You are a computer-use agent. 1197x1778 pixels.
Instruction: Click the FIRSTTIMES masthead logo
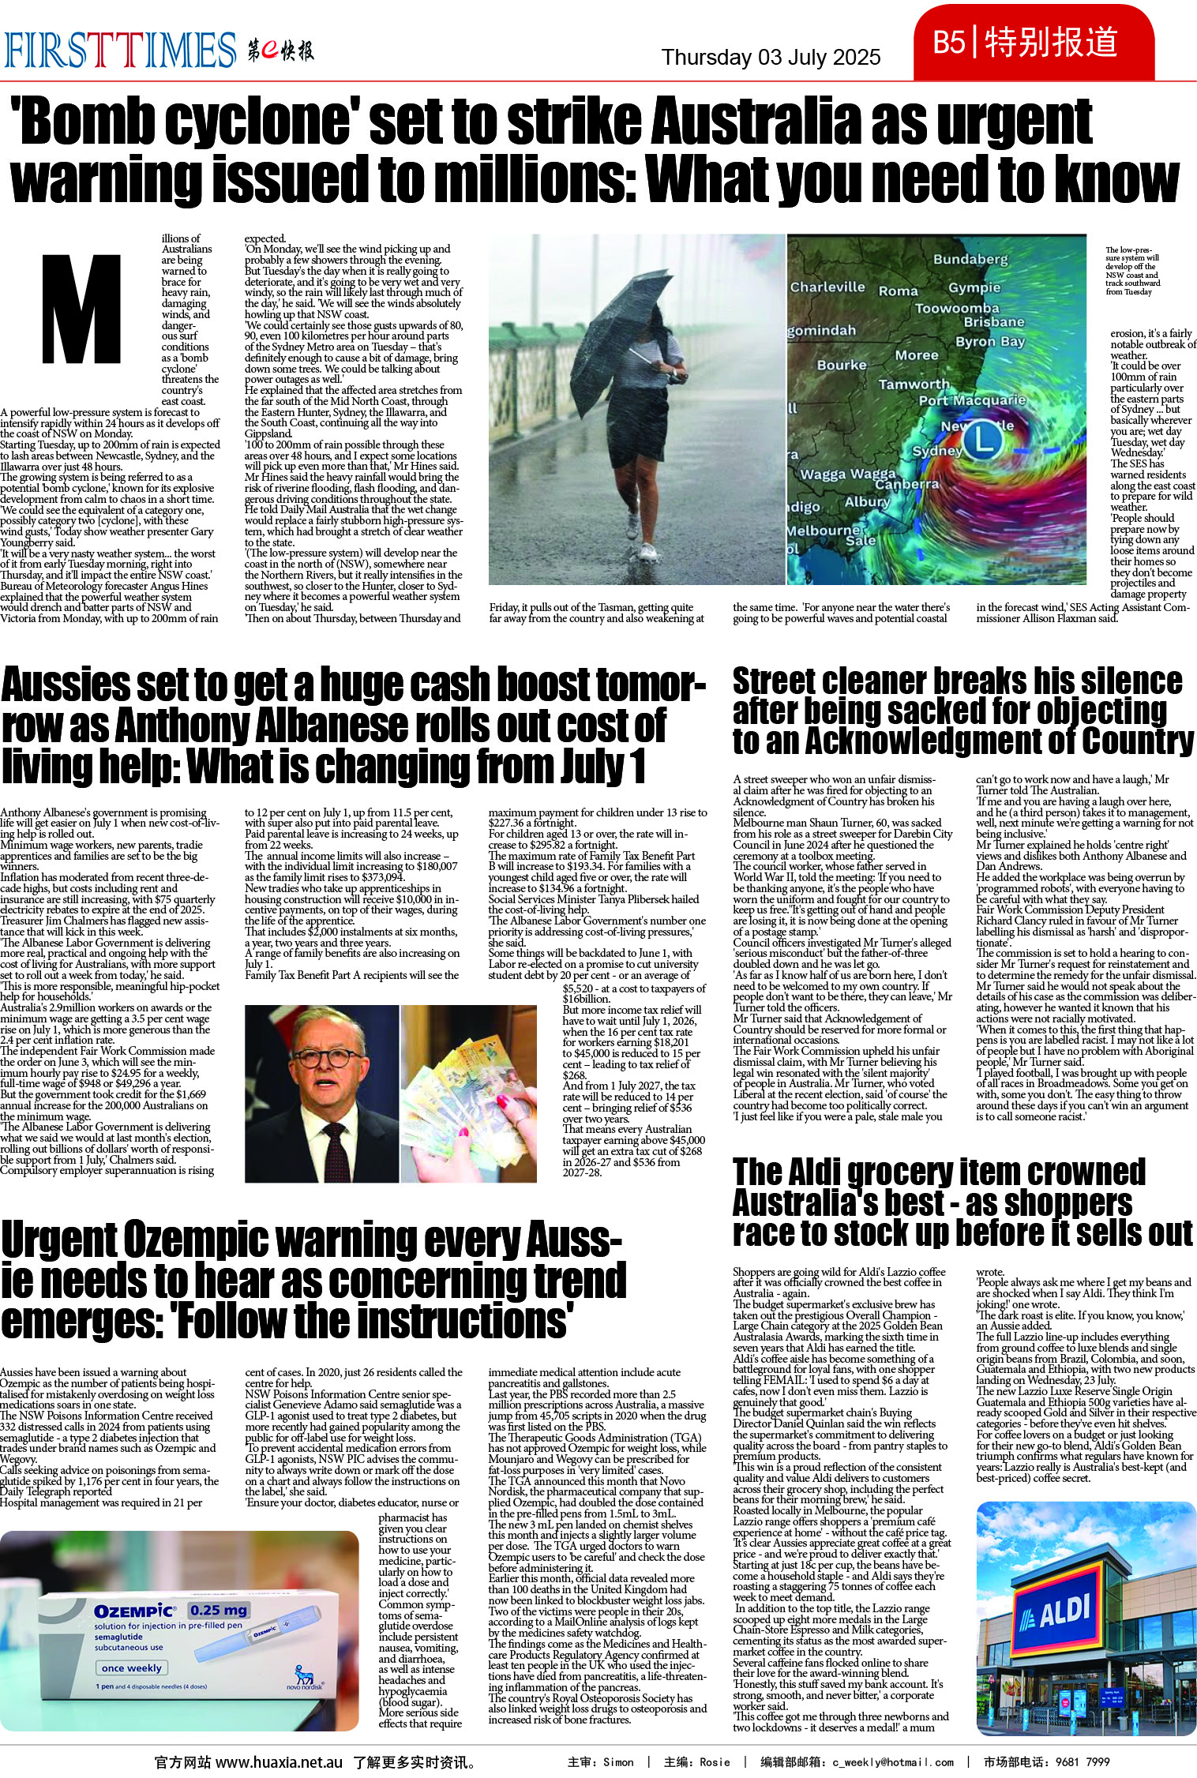point(120,51)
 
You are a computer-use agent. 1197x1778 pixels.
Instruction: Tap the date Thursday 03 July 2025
point(771,58)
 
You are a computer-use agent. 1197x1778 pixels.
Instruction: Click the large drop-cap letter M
point(81,309)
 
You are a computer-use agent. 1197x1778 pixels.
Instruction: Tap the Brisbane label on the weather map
point(993,322)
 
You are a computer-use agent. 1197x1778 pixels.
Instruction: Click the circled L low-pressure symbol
point(983,438)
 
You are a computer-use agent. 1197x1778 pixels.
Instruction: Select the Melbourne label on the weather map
point(822,530)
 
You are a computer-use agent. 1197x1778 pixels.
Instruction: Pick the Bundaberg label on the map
point(970,259)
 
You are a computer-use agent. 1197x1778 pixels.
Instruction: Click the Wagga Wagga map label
point(847,474)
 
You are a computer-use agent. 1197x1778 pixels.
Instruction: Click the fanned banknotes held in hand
point(469,1082)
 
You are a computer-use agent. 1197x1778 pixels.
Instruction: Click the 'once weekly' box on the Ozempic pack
point(131,1668)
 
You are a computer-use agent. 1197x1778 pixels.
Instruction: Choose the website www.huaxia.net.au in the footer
point(279,1762)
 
